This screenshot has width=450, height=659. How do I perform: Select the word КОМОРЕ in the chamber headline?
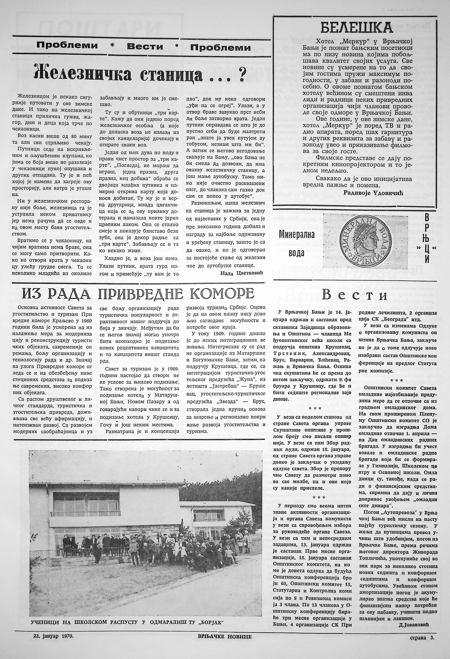pyautogui.click(x=222, y=293)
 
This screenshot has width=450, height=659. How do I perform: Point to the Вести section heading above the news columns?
pyautogui.click(x=355, y=295)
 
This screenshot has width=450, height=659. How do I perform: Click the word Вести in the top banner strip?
pyautogui.click(x=145, y=46)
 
